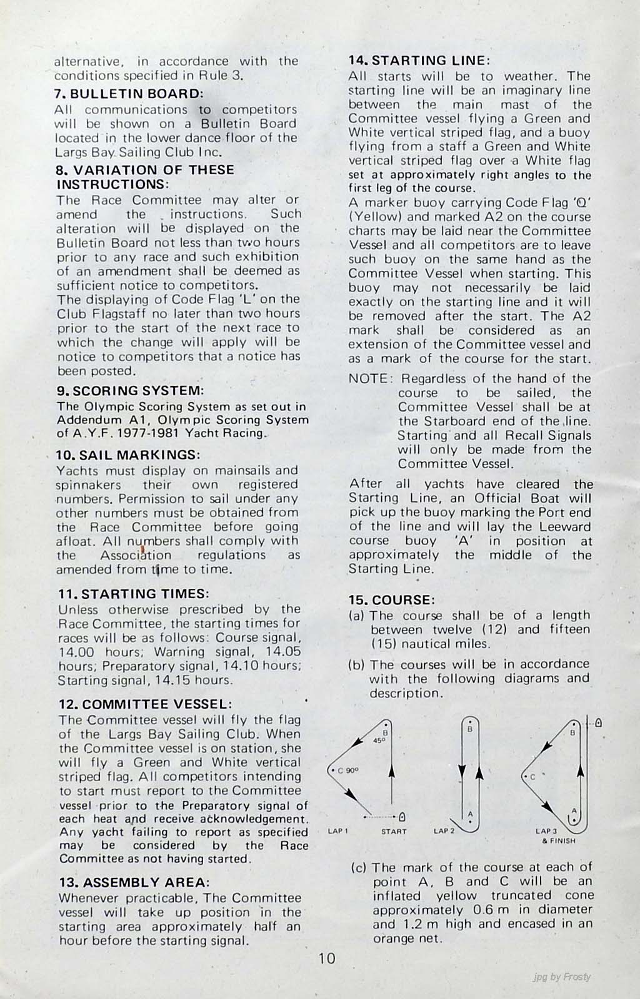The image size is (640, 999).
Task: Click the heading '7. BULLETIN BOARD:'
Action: pos(129,94)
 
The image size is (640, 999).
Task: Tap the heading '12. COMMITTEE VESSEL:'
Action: pos(145,704)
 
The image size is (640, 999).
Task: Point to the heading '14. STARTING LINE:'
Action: pos(419,61)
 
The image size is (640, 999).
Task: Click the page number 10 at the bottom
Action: pos(326,958)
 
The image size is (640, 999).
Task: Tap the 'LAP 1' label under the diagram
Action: pos(337,832)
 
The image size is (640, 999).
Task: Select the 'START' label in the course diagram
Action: pos(394,832)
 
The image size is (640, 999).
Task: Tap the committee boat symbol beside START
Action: pos(402,816)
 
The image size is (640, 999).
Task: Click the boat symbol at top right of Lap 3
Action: pos(598,723)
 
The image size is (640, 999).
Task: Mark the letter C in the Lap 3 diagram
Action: pos(532,777)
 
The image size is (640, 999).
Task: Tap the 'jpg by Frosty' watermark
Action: pos(562,977)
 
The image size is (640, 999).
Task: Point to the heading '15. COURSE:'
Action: pos(391,600)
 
